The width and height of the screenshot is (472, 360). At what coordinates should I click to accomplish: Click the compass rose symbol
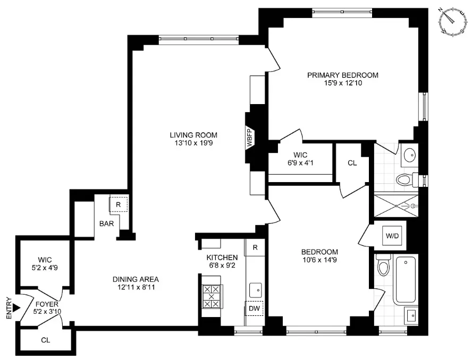pos(451,22)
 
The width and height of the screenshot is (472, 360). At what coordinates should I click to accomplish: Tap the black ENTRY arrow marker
pos(16,307)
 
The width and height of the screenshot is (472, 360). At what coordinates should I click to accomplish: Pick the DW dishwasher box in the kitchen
pos(255,308)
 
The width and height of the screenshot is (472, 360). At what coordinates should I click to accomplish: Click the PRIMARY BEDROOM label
pos(342,75)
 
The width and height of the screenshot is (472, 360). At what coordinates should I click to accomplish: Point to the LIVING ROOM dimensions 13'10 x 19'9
pos(193,142)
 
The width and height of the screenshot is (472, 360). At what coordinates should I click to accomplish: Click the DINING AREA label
pos(136,279)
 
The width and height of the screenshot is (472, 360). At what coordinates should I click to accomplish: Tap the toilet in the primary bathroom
pos(404,179)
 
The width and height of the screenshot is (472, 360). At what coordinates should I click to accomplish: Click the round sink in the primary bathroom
pos(410,156)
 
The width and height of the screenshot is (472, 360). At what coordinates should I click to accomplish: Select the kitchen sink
pos(256,289)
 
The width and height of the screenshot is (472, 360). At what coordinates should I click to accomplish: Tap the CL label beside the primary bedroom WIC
pos(352,163)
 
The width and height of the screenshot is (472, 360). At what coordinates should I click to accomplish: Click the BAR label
pos(106,224)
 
